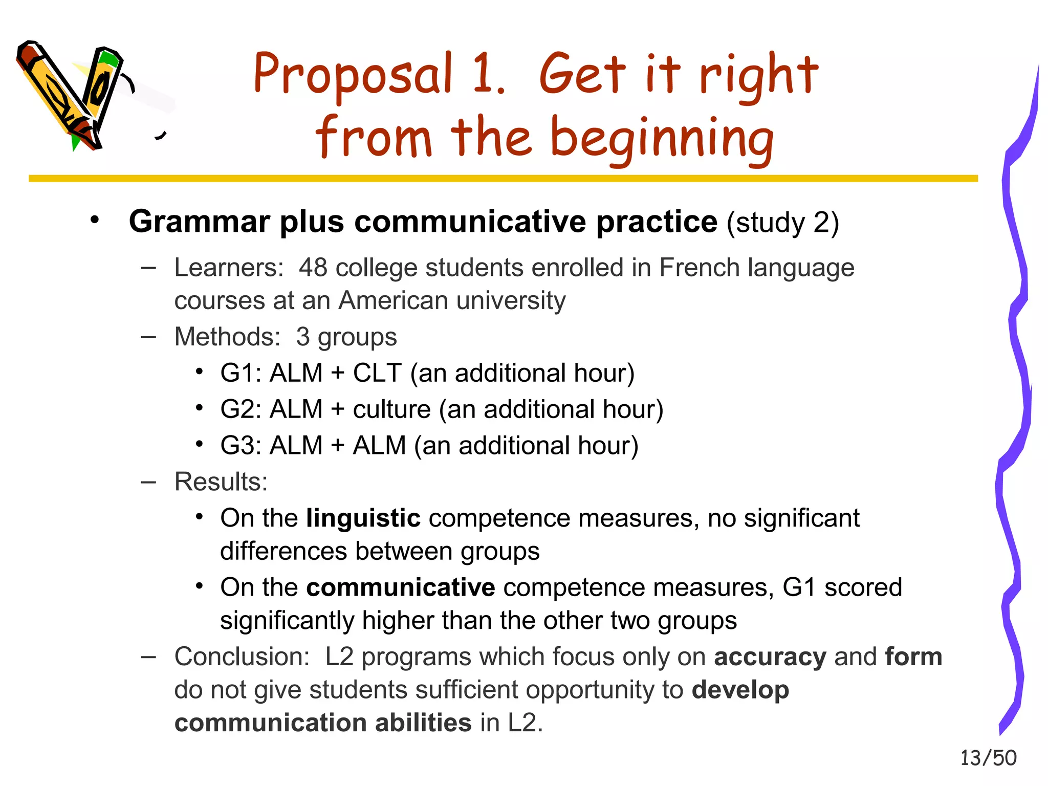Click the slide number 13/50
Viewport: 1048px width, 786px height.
tap(988, 758)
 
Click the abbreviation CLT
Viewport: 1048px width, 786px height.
tap(377, 373)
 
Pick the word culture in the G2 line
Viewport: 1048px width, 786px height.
tap(391, 409)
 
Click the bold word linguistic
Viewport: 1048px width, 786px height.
tap(363, 518)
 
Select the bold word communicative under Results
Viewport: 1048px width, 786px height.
tap(400, 587)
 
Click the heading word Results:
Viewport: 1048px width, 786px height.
tap(221, 482)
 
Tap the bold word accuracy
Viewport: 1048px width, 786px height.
tap(770, 657)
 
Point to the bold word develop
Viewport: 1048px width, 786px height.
tap(740, 690)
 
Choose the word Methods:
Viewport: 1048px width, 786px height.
tap(227, 337)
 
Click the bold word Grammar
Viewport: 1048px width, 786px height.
tap(200, 222)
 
